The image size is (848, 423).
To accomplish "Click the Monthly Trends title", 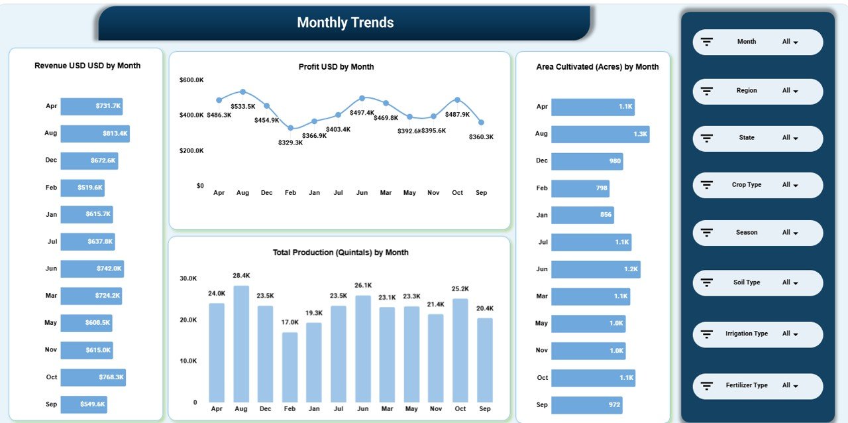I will pyautogui.click(x=345, y=23).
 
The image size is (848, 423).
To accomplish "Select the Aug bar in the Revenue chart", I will pyautogui.click(x=95, y=133).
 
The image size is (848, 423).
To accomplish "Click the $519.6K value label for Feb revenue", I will pyautogui.click(x=90, y=188).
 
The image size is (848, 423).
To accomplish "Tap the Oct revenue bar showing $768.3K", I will pyautogui.click(x=93, y=377).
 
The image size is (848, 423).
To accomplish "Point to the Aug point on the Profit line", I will pyautogui.click(x=243, y=91).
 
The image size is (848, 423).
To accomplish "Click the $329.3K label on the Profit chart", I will pyautogui.click(x=290, y=143).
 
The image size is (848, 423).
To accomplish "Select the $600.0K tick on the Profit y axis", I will pyautogui.click(x=191, y=80).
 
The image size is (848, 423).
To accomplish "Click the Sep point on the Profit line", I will pyautogui.click(x=481, y=122).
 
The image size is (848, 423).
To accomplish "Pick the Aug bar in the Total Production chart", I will pyautogui.click(x=241, y=343).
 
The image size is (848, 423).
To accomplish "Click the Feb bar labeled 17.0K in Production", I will pyautogui.click(x=290, y=367).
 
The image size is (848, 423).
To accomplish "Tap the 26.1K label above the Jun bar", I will pyautogui.click(x=363, y=285).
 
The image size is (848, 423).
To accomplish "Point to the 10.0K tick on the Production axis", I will pyautogui.click(x=188, y=361).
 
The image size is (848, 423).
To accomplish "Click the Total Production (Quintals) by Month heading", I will pyautogui.click(x=341, y=253).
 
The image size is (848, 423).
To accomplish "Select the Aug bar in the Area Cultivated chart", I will pyautogui.click(x=600, y=134).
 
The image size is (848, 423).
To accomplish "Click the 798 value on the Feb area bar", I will pyautogui.click(x=601, y=188).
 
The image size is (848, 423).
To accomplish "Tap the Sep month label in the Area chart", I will pyautogui.click(x=542, y=404).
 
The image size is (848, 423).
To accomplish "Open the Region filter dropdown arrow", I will pyautogui.click(x=796, y=91).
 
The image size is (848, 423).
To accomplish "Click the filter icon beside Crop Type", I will pyautogui.click(x=707, y=185).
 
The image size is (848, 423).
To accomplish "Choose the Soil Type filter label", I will pyautogui.click(x=747, y=282).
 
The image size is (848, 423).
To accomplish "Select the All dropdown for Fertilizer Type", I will pyautogui.click(x=790, y=385).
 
